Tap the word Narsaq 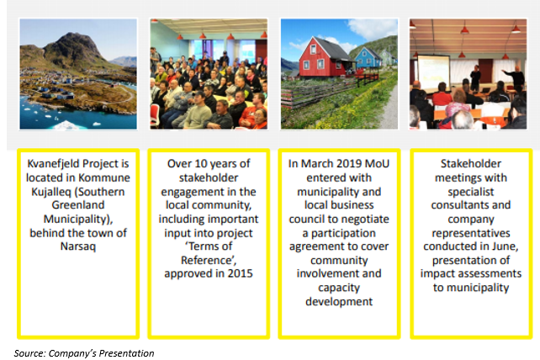click(x=78, y=246)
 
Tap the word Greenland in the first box click(x=78, y=205)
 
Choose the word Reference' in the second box click(x=209, y=260)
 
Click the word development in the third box click(x=339, y=302)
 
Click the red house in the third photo click(x=321, y=57)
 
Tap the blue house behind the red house click(x=368, y=57)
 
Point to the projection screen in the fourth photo click(x=433, y=73)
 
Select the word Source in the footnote click(x=29, y=353)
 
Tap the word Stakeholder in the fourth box click(x=471, y=164)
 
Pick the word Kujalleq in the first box click(x=51, y=192)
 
